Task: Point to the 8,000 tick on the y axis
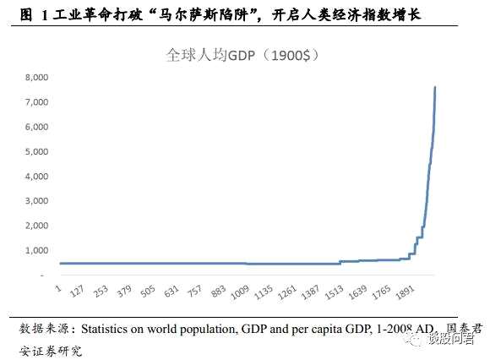36,78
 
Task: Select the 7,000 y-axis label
36,102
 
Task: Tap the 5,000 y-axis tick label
36,152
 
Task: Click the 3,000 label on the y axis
36,201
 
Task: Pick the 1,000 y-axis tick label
36,251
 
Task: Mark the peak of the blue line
435,87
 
